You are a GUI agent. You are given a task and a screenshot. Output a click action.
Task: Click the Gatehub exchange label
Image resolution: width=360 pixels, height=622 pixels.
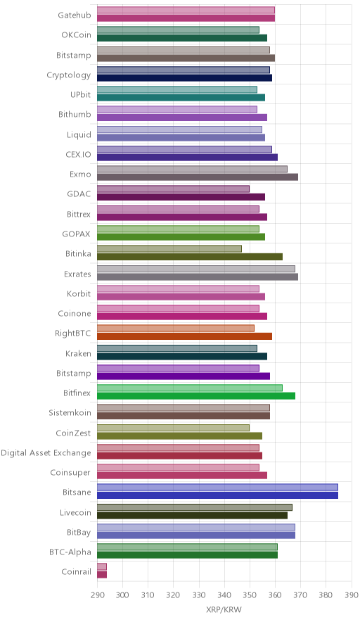(x=74, y=15)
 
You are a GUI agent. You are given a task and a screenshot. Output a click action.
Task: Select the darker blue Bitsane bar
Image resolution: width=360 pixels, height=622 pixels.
(x=218, y=495)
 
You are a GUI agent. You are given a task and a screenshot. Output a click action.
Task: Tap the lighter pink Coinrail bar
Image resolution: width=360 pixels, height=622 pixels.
(x=102, y=567)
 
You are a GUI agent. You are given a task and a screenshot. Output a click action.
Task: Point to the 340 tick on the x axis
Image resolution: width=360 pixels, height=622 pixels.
(x=224, y=595)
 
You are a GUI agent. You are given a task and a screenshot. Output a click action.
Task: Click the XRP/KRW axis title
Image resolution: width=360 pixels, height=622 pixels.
(x=224, y=610)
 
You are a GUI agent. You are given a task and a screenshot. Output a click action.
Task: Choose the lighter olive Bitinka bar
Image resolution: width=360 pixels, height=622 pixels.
(x=169, y=248)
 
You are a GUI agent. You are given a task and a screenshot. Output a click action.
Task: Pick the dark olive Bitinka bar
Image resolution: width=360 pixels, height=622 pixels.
(x=190, y=257)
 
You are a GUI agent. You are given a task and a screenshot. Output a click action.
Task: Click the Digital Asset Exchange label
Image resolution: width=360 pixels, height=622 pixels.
(x=46, y=453)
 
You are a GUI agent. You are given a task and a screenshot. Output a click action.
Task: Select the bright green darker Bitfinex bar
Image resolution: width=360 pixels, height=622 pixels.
(x=196, y=396)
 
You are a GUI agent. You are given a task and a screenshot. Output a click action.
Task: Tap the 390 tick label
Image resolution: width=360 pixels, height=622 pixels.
(x=352, y=595)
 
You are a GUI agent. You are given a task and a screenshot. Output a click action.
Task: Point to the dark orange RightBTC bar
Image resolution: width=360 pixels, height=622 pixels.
(x=185, y=336)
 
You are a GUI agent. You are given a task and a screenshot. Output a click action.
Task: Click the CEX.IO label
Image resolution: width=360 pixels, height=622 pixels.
(x=78, y=154)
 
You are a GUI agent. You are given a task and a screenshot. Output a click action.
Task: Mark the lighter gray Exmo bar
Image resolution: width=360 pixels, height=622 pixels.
(x=192, y=170)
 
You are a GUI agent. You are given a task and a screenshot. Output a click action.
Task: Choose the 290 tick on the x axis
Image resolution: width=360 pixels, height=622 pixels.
(x=97, y=595)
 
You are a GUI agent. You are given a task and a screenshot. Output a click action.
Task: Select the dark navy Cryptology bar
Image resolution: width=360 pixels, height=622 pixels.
(x=185, y=77)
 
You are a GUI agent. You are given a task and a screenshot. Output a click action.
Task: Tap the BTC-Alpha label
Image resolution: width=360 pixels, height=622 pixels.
(x=70, y=552)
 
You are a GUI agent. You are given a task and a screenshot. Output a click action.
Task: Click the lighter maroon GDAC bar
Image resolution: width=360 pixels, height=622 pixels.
(x=173, y=189)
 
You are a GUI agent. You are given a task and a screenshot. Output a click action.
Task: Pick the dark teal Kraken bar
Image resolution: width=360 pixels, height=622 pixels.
(x=182, y=356)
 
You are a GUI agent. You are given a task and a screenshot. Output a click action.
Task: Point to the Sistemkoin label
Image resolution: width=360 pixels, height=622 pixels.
(x=70, y=413)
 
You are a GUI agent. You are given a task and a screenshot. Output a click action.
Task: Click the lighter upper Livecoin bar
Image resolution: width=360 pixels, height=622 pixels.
(x=195, y=507)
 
